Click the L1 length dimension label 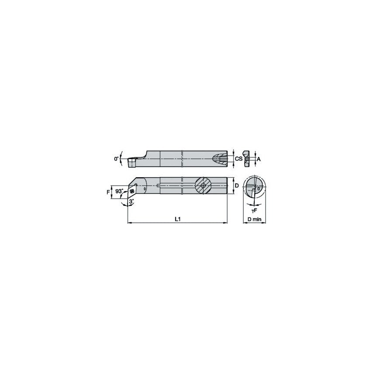pyautogui.click(x=177, y=219)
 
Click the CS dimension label pyautogui.click(x=238, y=159)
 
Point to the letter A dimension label pyautogui.click(x=258, y=159)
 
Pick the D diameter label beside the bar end pyautogui.click(x=236, y=186)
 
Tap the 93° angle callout pyautogui.click(x=119, y=191)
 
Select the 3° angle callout pyautogui.click(x=131, y=202)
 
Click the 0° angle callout pyautogui.click(x=117, y=159)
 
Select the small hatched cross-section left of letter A pyautogui.click(x=248, y=159)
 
